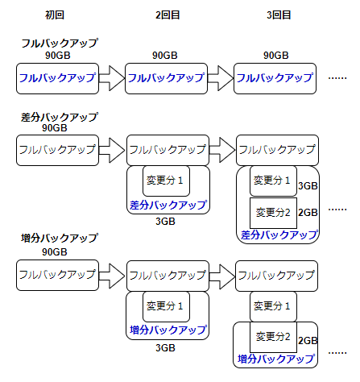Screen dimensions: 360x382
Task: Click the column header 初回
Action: (55, 15)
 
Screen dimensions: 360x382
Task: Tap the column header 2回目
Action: (168, 15)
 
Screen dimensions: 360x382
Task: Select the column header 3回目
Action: (279, 15)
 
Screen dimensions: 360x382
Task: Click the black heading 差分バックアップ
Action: (60, 118)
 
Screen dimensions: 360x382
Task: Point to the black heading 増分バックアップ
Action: (60, 238)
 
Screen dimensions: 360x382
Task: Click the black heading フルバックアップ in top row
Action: (60, 43)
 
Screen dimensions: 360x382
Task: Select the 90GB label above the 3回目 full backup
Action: (276, 56)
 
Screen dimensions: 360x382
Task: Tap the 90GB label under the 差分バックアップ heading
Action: (55, 128)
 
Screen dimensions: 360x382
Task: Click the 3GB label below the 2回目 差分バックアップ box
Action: (165, 222)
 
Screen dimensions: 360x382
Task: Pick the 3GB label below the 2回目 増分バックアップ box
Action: (165, 348)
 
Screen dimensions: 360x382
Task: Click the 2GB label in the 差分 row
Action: (308, 213)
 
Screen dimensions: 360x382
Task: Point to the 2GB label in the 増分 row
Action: (308, 341)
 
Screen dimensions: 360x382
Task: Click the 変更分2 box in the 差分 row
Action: (273, 213)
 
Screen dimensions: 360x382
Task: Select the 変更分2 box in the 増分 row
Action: (273, 337)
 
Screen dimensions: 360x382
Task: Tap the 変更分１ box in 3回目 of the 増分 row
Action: (273, 306)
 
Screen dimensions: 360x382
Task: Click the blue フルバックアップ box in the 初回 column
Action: (57, 78)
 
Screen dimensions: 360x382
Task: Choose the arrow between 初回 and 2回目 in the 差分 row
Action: (112, 150)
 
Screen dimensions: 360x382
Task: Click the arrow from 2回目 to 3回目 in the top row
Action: (221, 78)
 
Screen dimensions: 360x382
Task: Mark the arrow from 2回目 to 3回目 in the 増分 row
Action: (222, 276)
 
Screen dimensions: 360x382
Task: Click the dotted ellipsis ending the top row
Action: (337, 78)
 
